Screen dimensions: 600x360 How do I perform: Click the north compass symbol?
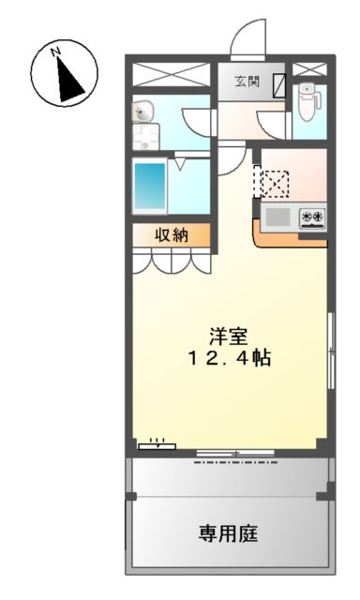[x=63, y=73]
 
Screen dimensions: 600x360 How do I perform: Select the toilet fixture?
[x=307, y=101]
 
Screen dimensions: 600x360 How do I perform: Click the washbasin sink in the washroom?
[x=142, y=112]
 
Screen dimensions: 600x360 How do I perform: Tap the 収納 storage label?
[x=172, y=235]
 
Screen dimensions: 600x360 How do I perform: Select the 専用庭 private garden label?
[x=228, y=532]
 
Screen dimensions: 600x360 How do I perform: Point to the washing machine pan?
[x=144, y=141]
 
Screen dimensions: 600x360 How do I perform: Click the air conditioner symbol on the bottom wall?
[x=156, y=443]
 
